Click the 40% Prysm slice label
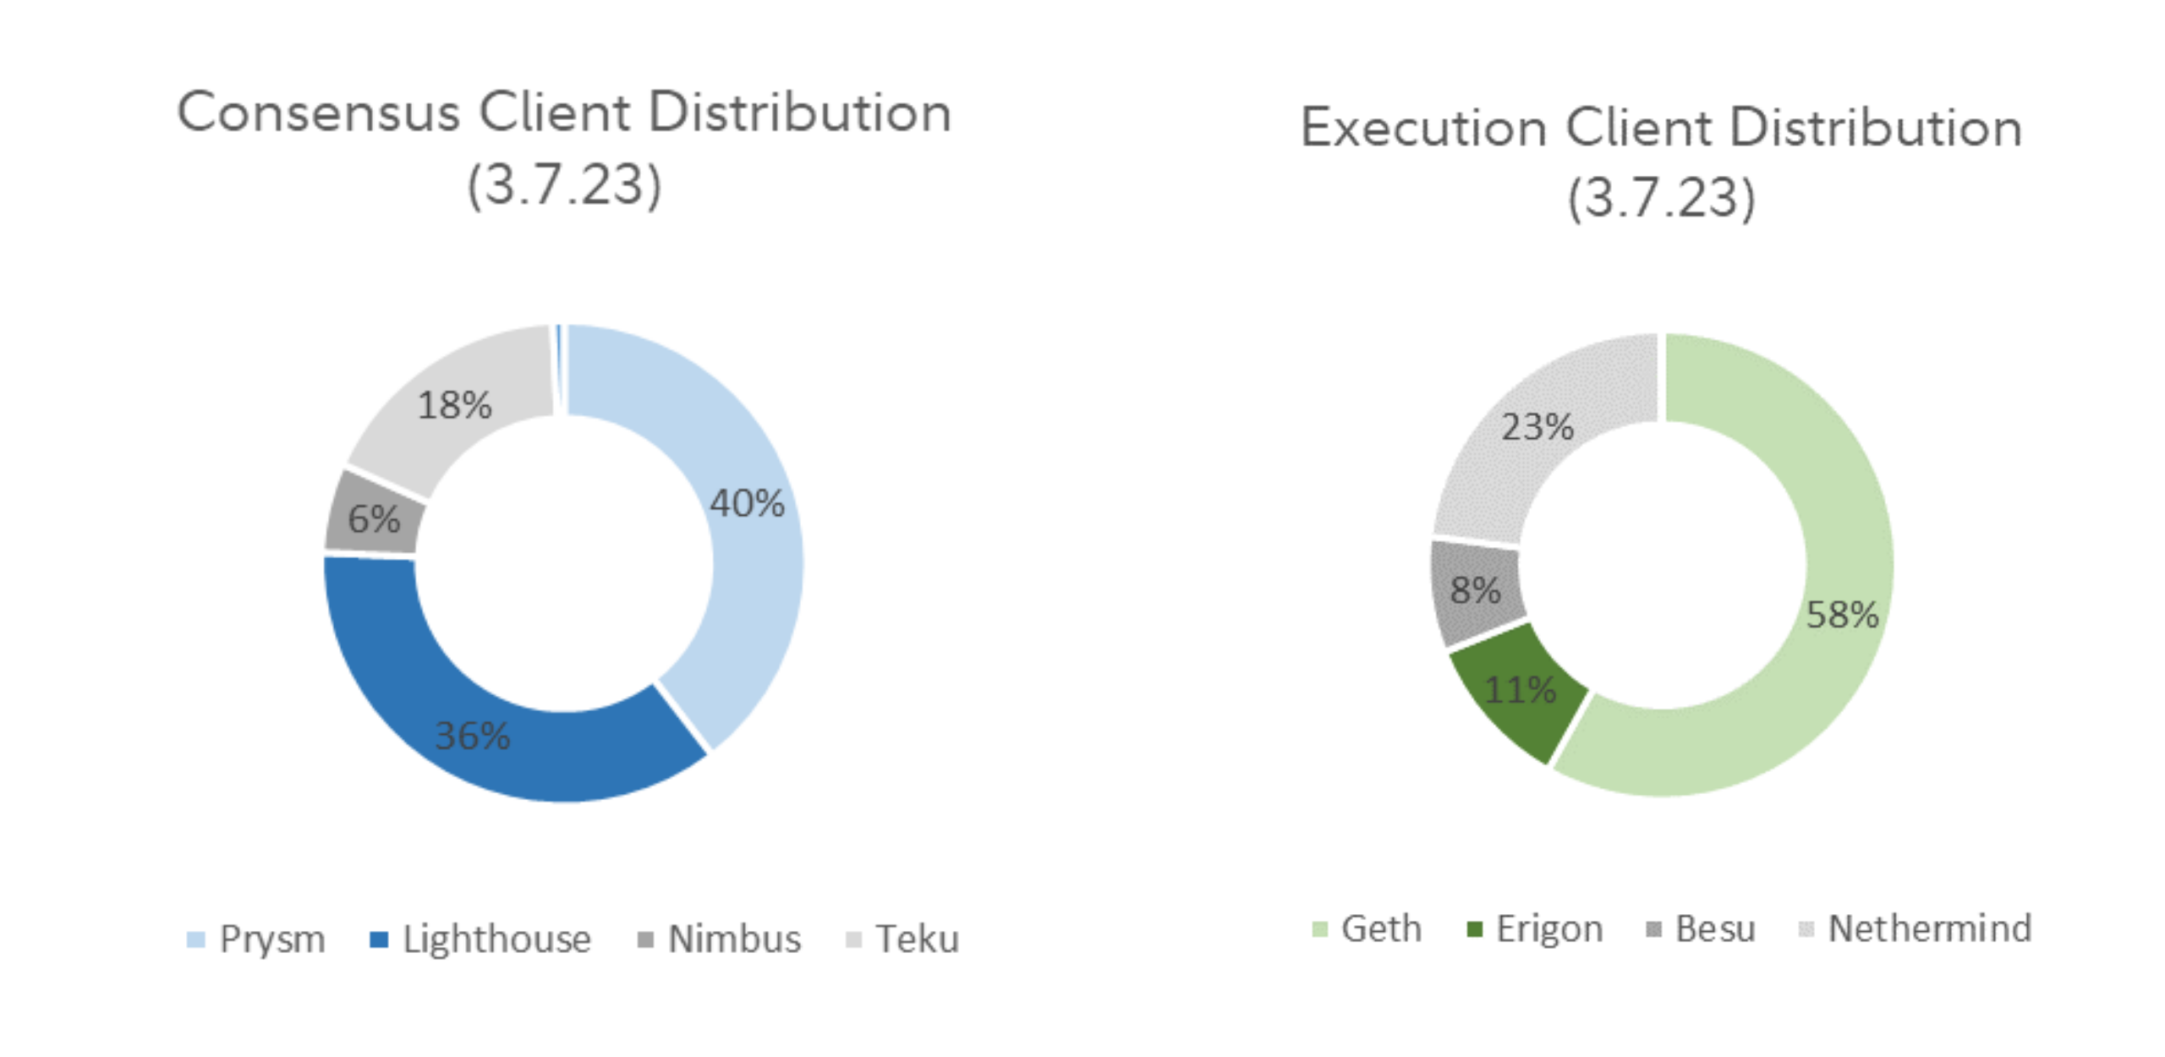pos(747,504)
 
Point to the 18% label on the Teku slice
pos(454,405)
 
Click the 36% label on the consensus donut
pos(472,736)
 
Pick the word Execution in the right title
pos(1423,128)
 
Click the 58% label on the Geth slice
pos(1842,615)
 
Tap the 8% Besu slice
pos(1476,590)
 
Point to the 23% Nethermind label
pos(1537,427)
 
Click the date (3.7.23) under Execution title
pos(1661,199)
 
